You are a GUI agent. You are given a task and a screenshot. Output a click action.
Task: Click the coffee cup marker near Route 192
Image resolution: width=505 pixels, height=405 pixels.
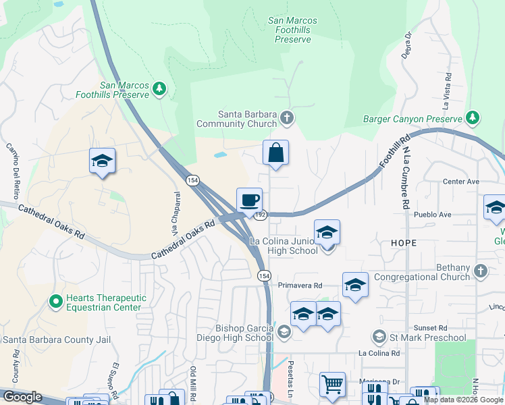(x=249, y=200)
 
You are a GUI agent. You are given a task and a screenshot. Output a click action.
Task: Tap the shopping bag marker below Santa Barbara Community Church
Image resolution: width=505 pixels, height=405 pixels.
(x=275, y=153)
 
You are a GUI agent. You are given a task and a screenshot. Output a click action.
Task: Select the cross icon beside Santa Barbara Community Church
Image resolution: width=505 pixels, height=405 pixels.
(x=287, y=119)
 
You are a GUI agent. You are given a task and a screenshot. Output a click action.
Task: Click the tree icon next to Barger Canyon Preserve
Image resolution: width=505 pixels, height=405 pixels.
(x=473, y=119)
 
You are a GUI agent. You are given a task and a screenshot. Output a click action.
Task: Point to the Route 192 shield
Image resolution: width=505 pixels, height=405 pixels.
(x=261, y=215)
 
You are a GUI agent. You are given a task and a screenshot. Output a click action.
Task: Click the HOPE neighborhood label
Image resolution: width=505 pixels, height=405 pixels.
(x=403, y=242)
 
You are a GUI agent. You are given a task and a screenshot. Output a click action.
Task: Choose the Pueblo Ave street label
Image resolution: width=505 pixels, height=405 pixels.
(x=436, y=215)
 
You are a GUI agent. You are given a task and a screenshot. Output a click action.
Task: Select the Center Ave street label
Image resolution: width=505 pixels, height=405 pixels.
(x=460, y=182)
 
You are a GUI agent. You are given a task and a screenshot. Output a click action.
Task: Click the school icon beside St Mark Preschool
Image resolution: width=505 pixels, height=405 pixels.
(x=379, y=337)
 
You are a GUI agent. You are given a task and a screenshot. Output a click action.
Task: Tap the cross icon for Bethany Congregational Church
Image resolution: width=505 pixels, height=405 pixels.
(x=480, y=271)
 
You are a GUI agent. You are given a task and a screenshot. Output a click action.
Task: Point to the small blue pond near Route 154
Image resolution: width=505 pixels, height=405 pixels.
(x=220, y=155)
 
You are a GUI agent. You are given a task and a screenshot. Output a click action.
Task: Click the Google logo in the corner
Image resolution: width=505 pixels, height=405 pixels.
(x=22, y=397)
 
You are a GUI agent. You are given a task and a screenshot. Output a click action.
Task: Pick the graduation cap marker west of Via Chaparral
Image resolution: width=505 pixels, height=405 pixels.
(x=102, y=161)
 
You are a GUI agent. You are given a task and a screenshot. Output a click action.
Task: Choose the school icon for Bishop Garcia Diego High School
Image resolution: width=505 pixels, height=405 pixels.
(x=284, y=331)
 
